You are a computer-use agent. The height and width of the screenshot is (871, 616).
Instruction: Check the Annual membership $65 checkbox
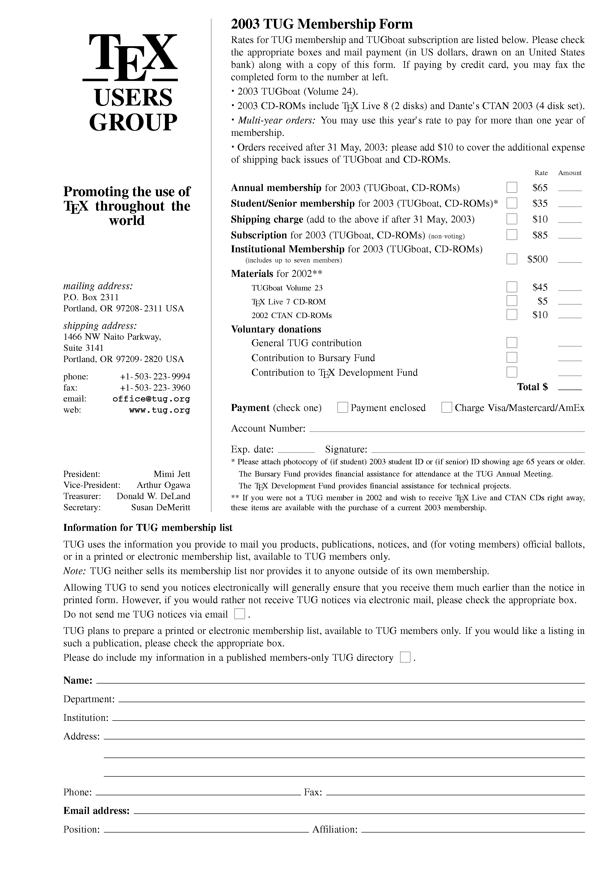pos(512,187)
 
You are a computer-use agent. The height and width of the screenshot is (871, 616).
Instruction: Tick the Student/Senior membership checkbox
pos(512,203)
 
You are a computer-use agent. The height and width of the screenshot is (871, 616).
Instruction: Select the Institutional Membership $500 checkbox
pos(512,259)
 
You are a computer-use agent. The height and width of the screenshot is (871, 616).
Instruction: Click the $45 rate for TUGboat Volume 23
pos(540,287)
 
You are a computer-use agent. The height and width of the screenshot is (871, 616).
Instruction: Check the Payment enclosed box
pos(342,407)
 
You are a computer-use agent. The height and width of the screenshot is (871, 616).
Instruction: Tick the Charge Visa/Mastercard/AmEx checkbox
pos(446,407)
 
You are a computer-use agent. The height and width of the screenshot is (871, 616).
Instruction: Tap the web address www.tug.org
pos(159,410)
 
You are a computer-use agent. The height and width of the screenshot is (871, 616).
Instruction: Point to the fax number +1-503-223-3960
pos(155,388)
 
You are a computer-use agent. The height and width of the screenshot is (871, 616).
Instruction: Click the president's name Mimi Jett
pos(172,474)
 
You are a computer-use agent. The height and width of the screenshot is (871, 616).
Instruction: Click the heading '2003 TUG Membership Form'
pos(321,24)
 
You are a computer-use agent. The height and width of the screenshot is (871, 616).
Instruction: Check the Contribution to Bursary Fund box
pos(512,357)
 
